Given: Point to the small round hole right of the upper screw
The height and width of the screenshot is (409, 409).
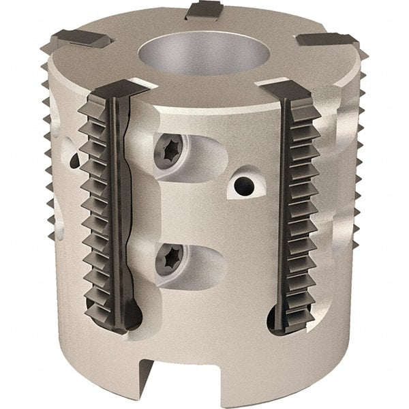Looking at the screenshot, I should pos(241,183).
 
